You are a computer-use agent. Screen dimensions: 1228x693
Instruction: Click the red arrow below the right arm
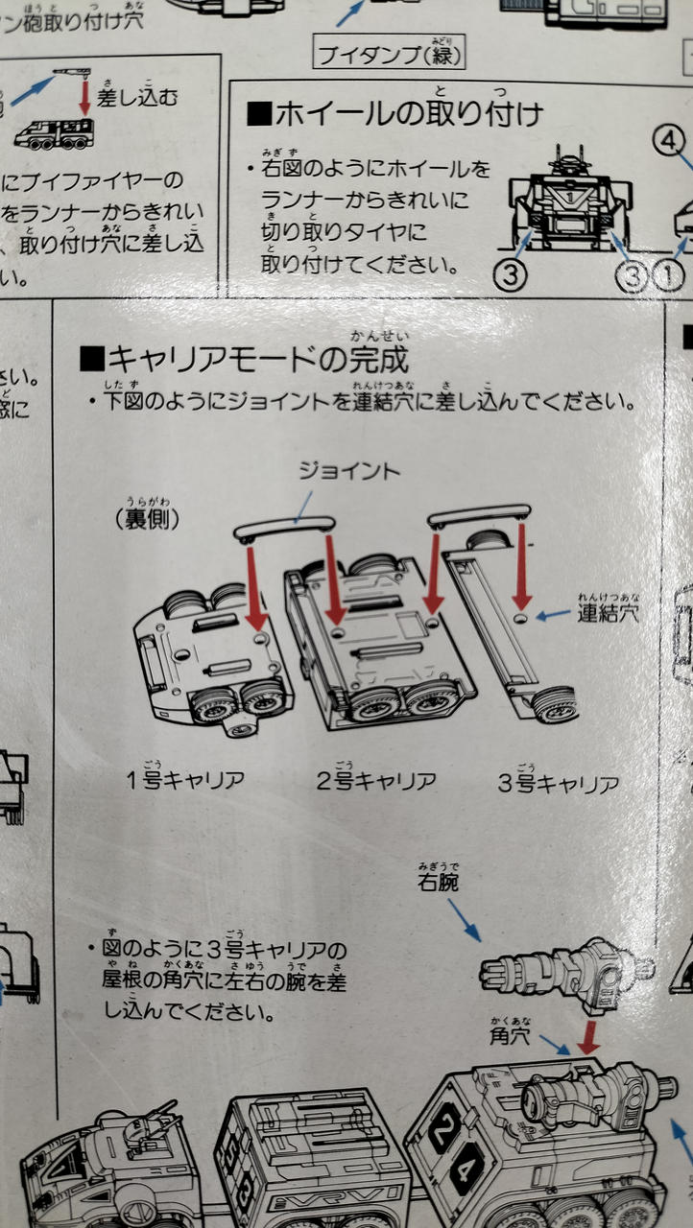[587, 1036]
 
